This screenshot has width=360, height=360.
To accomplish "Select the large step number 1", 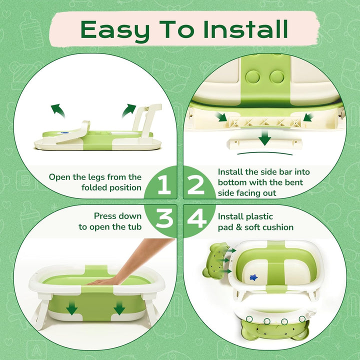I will pyautogui.click(x=163, y=185).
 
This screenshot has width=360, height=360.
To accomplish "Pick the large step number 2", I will pyautogui.click(x=196, y=185).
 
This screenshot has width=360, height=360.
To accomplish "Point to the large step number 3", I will pyautogui.click(x=163, y=219).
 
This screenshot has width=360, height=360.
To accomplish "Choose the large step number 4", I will pyautogui.click(x=196, y=219).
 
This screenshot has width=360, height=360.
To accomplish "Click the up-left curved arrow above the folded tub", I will pyautogui.click(x=57, y=110).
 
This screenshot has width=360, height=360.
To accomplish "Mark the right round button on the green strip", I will pyautogui.click(x=277, y=76).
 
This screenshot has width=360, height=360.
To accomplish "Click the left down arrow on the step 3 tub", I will pyautogui.click(x=72, y=309).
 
